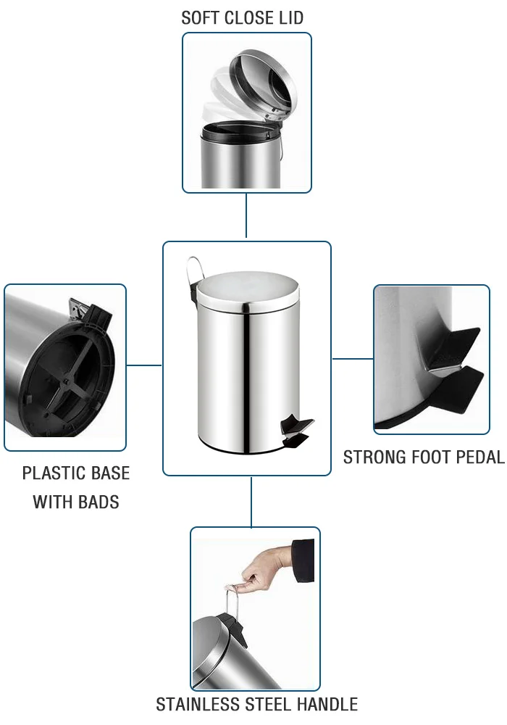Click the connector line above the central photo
pyautogui.click(x=246, y=217)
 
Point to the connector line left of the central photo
pyautogui.click(x=144, y=365)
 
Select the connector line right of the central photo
pyautogui.click(x=352, y=358)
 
